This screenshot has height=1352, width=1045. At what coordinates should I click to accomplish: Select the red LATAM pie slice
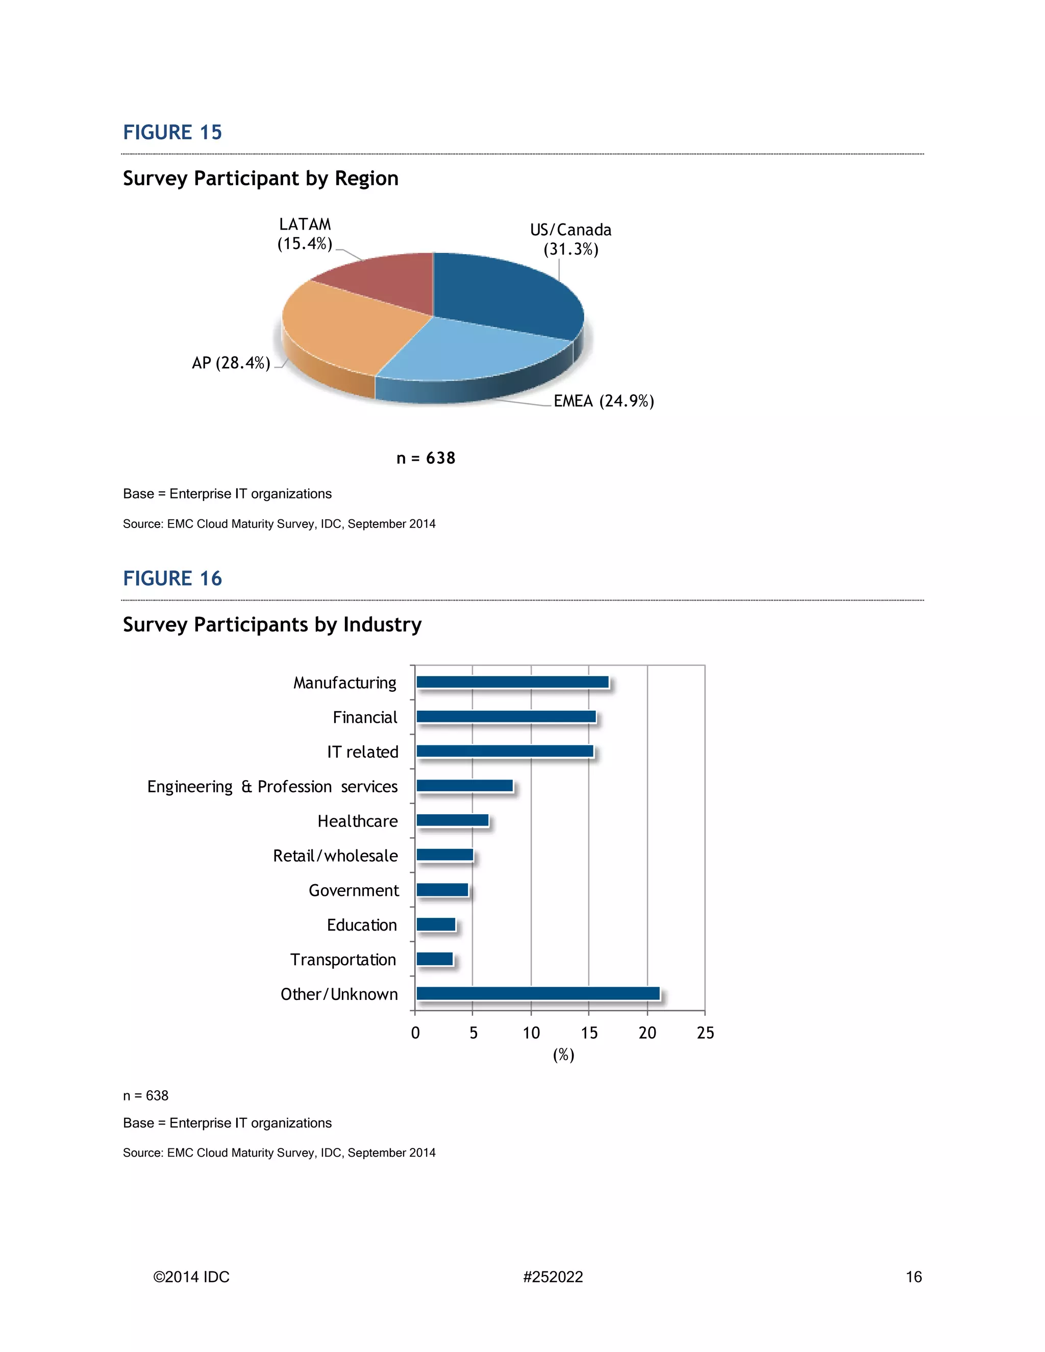point(384,282)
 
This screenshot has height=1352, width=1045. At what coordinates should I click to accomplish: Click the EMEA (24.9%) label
point(604,401)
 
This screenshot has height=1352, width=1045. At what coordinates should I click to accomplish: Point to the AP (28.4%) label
point(231,363)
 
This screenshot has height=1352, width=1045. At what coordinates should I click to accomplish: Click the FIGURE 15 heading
point(172,133)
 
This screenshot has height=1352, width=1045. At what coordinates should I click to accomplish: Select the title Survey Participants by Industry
point(272,624)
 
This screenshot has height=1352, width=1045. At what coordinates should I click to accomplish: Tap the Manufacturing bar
point(512,682)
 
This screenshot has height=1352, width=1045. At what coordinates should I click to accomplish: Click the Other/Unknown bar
point(537,993)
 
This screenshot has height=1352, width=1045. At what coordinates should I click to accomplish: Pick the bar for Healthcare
point(452,821)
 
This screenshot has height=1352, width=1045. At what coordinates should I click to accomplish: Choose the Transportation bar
point(434,959)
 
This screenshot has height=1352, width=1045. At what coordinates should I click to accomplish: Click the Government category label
point(354,890)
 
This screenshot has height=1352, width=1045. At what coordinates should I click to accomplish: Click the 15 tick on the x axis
point(589,1033)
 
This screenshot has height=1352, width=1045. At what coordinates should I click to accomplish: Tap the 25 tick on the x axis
point(705,1033)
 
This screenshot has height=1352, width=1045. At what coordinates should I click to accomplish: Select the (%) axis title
point(563,1055)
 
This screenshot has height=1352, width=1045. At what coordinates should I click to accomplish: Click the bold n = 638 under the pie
point(426,458)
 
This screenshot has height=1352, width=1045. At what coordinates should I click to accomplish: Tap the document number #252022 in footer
point(553,1277)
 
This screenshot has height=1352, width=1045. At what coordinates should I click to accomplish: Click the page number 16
point(913,1277)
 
